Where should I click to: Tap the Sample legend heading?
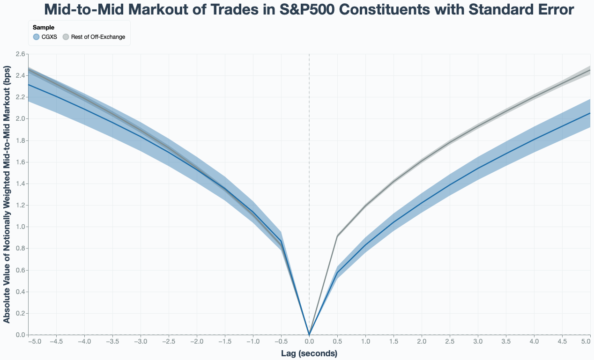43,28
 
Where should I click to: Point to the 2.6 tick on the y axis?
21,54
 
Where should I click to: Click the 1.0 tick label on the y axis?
21,227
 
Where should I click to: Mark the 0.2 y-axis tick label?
21,314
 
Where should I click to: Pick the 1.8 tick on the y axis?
21,140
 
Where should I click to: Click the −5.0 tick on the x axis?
34,342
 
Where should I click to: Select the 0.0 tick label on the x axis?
309,342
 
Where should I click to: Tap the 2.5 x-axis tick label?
450,342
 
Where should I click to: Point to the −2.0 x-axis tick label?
196,342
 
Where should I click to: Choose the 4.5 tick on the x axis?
562,342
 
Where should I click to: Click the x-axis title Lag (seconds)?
309,353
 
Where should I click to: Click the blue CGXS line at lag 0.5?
337,272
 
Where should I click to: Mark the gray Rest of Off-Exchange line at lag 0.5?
337,236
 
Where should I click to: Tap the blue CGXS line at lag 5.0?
590,113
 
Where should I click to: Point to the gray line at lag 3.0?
478,125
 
